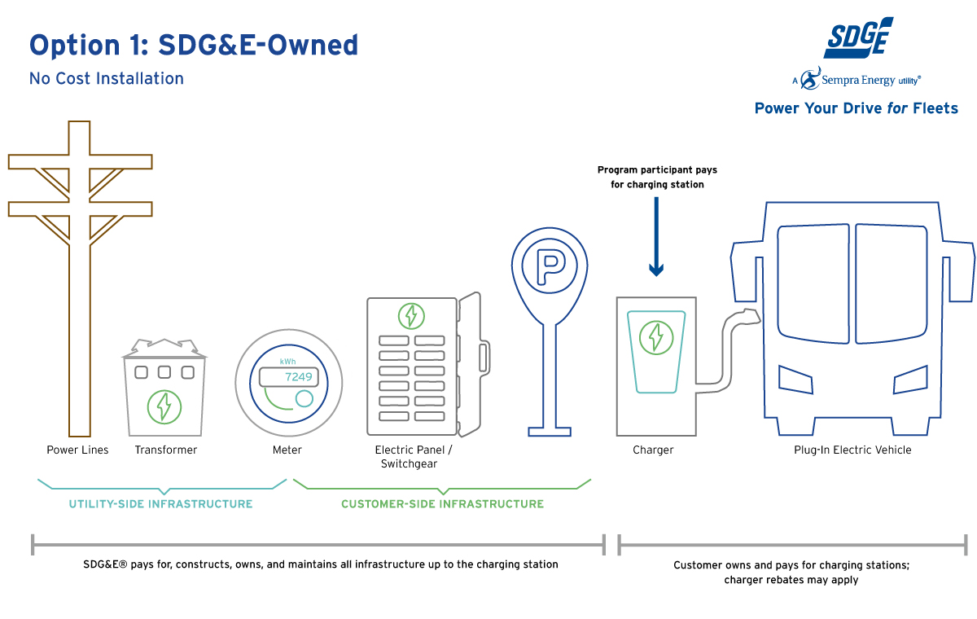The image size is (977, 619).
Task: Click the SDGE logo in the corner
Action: [x=857, y=38]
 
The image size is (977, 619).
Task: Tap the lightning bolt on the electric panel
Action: [x=411, y=315]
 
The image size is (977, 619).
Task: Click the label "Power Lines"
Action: [x=77, y=450]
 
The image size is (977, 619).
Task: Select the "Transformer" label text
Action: [x=166, y=450]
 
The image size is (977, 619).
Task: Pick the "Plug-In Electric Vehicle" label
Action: [x=852, y=450]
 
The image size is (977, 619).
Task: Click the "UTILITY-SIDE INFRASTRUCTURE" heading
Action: [x=160, y=504]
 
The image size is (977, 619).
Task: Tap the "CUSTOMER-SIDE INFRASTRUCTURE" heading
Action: [x=442, y=504]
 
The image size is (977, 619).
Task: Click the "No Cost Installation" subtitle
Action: [x=107, y=79]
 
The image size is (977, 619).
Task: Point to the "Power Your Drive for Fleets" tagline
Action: [x=856, y=108]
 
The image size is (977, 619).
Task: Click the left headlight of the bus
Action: [x=795, y=379]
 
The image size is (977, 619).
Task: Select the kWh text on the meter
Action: [x=287, y=362]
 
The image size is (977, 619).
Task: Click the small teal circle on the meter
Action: [x=304, y=398]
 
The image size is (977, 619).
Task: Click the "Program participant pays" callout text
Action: [x=657, y=170]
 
